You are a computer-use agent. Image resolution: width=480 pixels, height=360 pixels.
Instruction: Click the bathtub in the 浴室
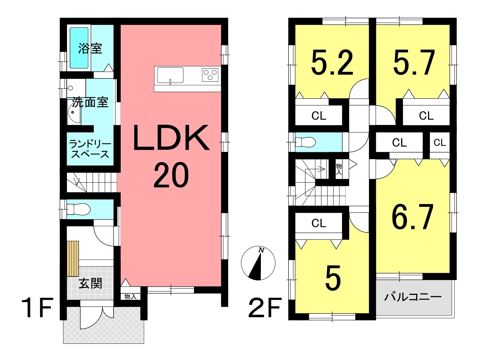[79, 48]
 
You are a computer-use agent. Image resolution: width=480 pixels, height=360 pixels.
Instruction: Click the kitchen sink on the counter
[170, 75]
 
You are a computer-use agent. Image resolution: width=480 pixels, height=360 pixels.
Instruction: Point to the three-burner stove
[210, 75]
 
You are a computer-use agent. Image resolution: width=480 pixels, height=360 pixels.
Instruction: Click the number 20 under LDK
[171, 175]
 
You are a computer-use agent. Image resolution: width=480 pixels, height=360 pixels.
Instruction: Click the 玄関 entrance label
[90, 284]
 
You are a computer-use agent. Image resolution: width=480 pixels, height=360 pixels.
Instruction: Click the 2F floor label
[265, 308]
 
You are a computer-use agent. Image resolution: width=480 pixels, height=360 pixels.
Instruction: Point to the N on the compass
[261, 250]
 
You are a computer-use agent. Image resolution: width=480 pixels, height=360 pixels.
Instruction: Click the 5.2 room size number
[332, 63]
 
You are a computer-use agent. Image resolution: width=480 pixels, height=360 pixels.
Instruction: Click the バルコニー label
[413, 297]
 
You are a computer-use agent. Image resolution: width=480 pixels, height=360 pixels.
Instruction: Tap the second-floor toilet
[306, 142]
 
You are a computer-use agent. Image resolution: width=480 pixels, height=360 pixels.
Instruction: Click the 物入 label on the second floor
[339, 169]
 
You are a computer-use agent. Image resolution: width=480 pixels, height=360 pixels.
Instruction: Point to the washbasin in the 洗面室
[74, 113]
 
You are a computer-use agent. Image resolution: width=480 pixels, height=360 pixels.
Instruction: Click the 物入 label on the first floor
[130, 296]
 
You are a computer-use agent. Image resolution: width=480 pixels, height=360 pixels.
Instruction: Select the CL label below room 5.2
[319, 116]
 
